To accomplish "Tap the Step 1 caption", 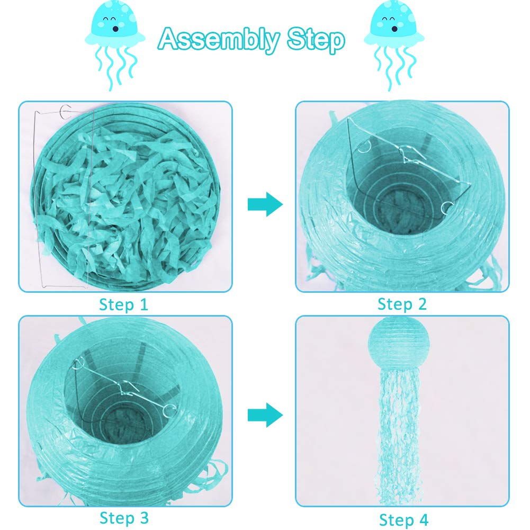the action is [124, 304].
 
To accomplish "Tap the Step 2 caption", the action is [402, 304].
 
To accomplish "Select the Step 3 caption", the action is [124, 518].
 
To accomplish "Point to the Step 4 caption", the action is [403, 519].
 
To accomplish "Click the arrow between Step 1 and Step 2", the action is [265, 204].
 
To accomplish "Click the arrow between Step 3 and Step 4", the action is [265, 415].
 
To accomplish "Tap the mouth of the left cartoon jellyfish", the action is [115, 29].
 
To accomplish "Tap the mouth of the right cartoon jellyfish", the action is [394, 29].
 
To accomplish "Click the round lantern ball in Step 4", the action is [399, 344].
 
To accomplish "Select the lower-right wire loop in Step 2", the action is [447, 208].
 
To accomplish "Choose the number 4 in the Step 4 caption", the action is [424, 519].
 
